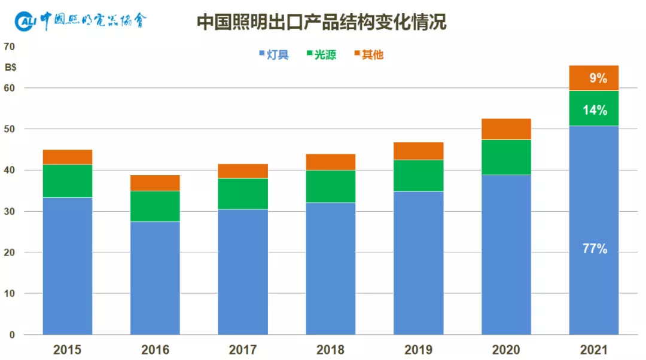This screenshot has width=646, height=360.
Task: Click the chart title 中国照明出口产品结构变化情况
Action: [322, 22]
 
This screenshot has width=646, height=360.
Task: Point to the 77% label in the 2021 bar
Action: [594, 249]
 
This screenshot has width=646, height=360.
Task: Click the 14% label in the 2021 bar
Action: [594, 110]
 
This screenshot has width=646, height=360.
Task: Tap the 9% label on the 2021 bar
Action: [598, 78]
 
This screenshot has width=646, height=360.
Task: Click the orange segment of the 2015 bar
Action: [68, 157]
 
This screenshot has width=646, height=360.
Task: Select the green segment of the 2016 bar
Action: [155, 206]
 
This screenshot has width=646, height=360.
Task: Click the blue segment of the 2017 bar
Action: [243, 271]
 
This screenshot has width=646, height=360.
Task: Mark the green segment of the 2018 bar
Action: [330, 187]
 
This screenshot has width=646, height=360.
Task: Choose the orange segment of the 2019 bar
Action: [418, 151]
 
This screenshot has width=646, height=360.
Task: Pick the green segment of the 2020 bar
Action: [506, 157]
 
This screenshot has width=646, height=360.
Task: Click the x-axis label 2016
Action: [155, 350]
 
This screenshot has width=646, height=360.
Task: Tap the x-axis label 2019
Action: [418, 350]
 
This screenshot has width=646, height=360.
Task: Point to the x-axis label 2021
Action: [593, 350]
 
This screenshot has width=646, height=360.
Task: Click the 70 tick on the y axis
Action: [10, 47]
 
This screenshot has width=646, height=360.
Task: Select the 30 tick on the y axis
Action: [10, 212]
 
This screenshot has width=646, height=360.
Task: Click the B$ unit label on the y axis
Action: [11, 67]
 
